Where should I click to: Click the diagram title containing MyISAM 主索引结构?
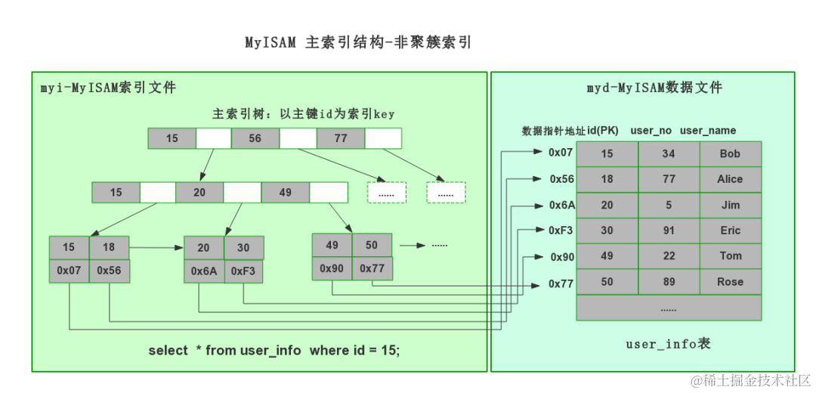pos(358,42)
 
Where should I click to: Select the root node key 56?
pos(255,138)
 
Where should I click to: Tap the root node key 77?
pos(341,138)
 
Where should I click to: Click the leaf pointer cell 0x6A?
pos(204,271)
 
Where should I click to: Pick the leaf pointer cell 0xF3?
pos(243,271)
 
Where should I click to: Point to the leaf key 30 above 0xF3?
pos(243,248)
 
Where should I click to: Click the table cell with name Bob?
pos(730,154)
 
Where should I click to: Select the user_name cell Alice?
pos(730,180)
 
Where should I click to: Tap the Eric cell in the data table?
pos(730,231)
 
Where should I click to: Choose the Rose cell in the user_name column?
pos(730,283)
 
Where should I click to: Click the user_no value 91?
pos(668,231)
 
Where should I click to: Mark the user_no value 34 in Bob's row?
pos(668,154)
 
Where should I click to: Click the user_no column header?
pos(651,131)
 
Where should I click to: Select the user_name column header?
pos(708,131)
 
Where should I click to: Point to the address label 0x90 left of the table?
pos(562,258)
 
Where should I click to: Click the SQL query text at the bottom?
pos(274,351)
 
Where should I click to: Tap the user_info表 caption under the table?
pos(668,345)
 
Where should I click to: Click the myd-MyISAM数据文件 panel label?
pos(654,88)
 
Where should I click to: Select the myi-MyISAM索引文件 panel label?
pos(108,88)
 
